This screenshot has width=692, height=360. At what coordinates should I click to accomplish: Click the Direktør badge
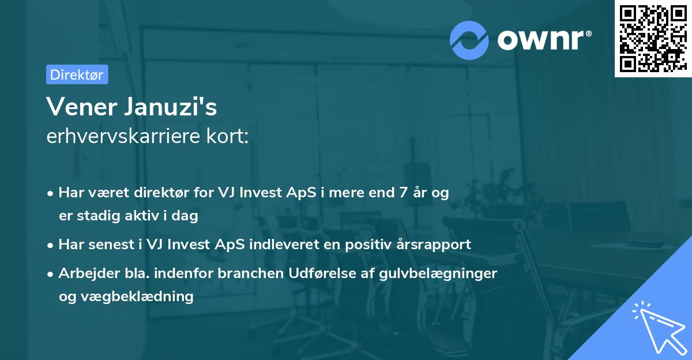click(77, 74)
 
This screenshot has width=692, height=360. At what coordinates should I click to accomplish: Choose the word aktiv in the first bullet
click(147, 216)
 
